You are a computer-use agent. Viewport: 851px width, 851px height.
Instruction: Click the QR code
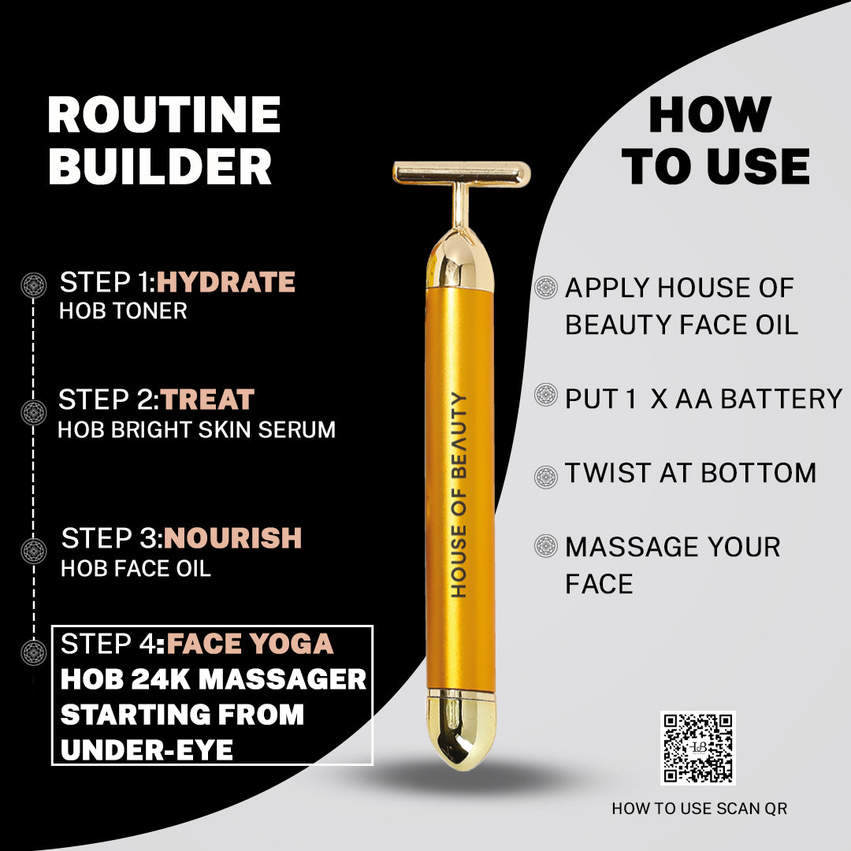pyautogui.click(x=697, y=748)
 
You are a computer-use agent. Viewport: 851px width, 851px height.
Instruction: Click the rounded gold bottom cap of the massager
pyautogui.click(x=462, y=730)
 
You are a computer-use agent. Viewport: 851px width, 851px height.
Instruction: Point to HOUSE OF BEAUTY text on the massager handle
pyautogui.click(x=459, y=494)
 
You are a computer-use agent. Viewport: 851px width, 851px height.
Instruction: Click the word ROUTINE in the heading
pyautogui.click(x=164, y=115)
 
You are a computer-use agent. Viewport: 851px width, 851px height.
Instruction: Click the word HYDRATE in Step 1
pyautogui.click(x=225, y=282)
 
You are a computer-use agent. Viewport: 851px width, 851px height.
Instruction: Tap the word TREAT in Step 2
pyautogui.click(x=208, y=399)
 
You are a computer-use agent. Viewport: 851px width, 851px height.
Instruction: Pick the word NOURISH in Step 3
pyautogui.click(x=233, y=538)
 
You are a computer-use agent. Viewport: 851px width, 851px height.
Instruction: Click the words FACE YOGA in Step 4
pyautogui.click(x=250, y=644)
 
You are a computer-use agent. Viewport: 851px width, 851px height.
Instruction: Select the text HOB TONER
pyautogui.click(x=123, y=310)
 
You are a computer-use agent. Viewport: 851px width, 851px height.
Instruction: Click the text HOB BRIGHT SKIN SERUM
pyautogui.click(x=197, y=429)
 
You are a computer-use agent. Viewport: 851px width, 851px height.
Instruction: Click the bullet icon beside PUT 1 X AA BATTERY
pyautogui.click(x=545, y=395)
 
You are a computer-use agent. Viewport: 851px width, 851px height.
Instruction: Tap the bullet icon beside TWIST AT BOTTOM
pyautogui.click(x=545, y=477)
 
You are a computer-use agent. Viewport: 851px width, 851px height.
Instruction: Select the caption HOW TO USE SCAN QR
pyautogui.click(x=699, y=808)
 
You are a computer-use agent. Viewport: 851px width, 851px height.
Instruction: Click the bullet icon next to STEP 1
pyautogui.click(x=33, y=283)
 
